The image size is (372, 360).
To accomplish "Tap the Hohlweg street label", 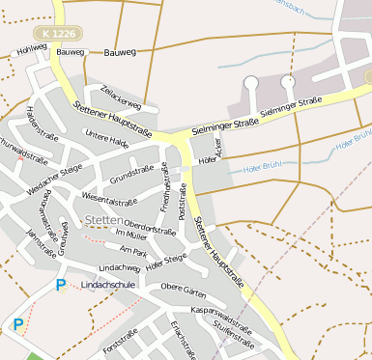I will (31, 46).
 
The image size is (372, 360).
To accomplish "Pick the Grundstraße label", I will (131, 177).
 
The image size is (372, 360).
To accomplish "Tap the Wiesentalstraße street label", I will (108, 202).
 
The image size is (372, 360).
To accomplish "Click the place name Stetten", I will (103, 220).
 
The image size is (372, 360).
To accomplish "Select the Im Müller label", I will (130, 235).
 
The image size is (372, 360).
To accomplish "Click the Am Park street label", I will (133, 250).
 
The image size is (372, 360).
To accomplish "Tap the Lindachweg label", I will (120, 267).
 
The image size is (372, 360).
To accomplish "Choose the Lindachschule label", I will (107, 285).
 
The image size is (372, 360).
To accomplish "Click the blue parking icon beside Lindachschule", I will (61, 285).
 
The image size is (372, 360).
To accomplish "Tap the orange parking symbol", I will (17, 324).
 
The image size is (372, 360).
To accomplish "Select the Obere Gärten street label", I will (184, 287).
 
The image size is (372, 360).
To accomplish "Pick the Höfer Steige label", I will (165, 260).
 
